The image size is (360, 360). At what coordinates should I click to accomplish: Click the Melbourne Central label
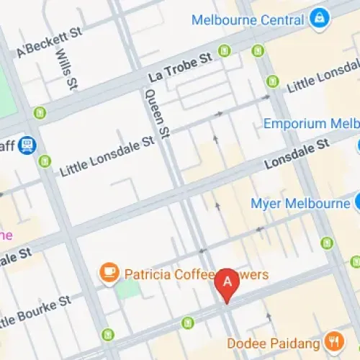[x=246, y=19]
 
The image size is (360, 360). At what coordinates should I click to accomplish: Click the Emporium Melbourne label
[x=310, y=123]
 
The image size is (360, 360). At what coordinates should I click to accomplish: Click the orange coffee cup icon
[x=109, y=272]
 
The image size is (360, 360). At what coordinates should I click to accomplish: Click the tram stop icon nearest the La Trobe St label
[x=225, y=50]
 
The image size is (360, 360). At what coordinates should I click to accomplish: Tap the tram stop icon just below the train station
[x=45, y=161]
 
